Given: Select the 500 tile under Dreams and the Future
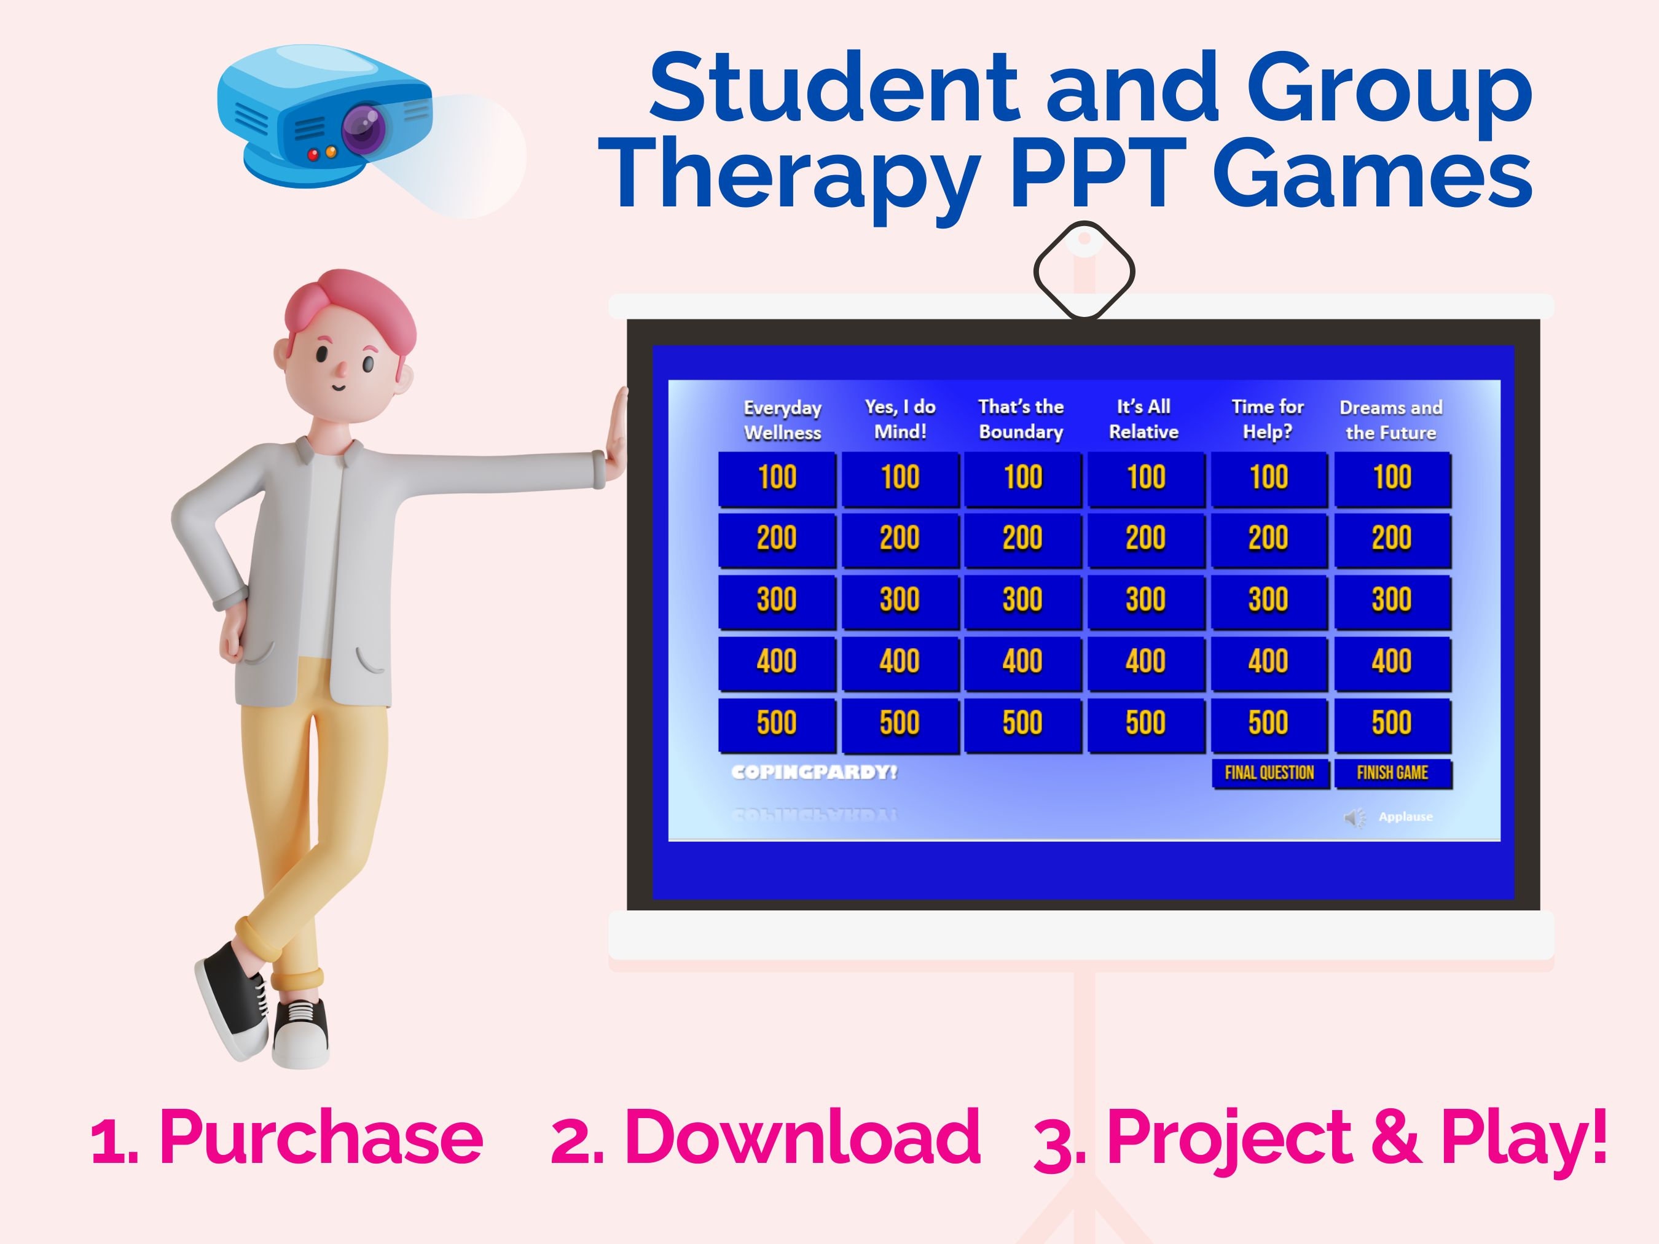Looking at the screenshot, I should click(1392, 724).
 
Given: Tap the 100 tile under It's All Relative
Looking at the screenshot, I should click(1146, 478).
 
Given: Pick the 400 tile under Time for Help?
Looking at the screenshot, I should click(1268, 662).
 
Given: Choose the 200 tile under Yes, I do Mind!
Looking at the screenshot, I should click(900, 538).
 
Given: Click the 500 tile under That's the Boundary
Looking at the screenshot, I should click(1022, 724).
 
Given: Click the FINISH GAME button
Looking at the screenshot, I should click(1392, 773).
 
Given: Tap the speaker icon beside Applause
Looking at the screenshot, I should click(1354, 817).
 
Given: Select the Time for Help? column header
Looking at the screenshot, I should click(1268, 419).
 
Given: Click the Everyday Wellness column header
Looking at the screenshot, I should click(782, 420).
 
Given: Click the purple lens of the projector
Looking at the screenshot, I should click(365, 128).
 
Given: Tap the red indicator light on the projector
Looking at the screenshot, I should click(313, 155).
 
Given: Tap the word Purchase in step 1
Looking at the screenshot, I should click(321, 1138).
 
